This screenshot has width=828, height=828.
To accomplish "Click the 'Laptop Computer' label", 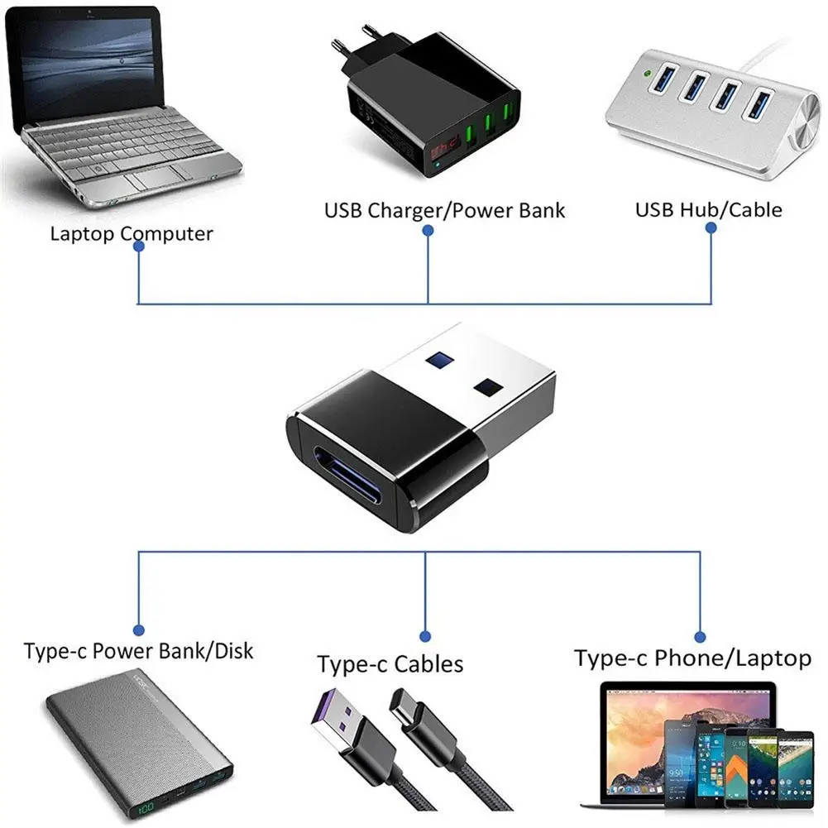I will tap(132, 233).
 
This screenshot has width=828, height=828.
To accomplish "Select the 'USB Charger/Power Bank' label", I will tap(444, 210).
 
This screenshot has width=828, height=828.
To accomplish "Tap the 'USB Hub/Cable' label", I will tap(708, 209).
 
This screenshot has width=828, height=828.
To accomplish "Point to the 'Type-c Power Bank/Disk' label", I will tap(139, 651).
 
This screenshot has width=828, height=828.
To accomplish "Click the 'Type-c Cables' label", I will tap(390, 663).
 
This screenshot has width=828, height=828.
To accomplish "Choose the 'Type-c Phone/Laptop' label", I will tap(692, 658).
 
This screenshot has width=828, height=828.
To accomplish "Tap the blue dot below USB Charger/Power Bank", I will tap(428, 232).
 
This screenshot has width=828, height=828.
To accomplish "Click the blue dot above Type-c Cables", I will tap(425, 636).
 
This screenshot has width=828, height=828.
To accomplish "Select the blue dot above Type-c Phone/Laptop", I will tap(700, 636).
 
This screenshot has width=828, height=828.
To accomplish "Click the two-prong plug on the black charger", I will tap(350, 41).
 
